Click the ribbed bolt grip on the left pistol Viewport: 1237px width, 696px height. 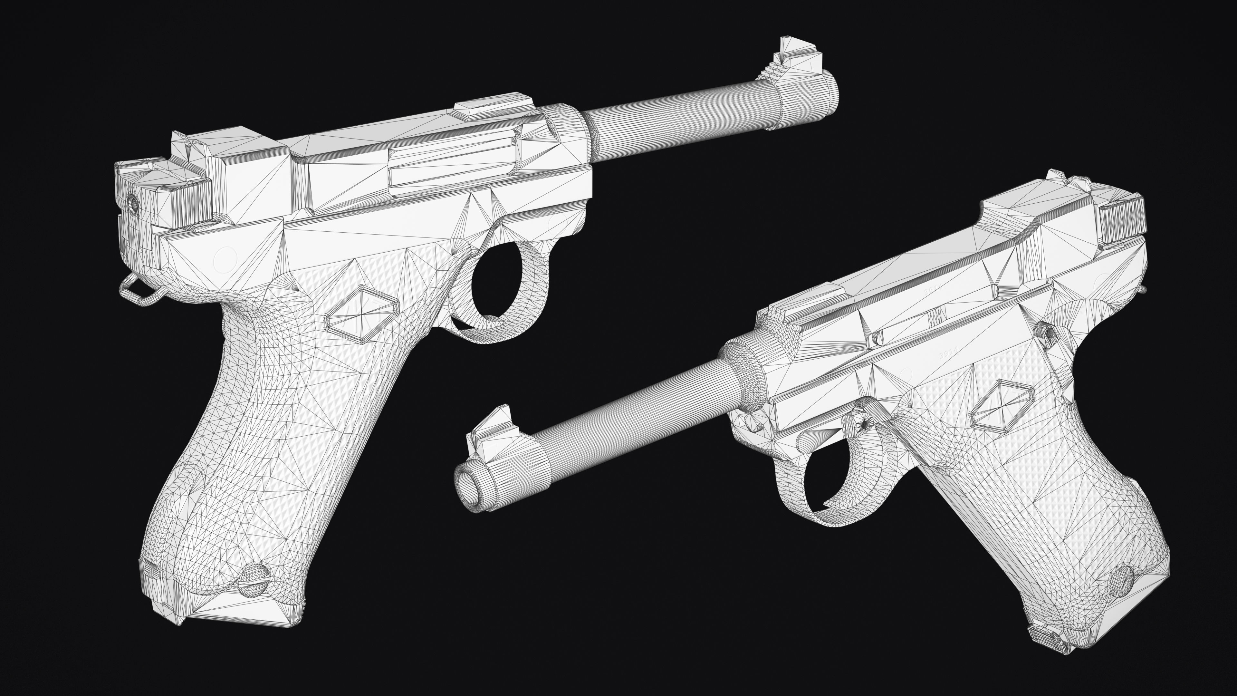coord(192,202)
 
